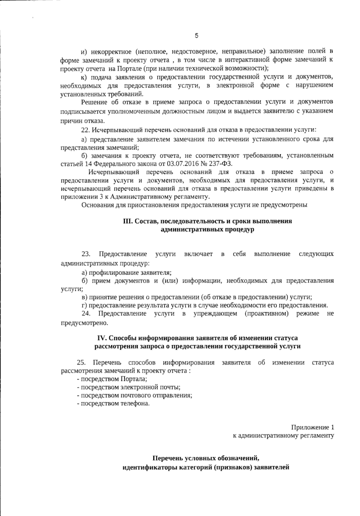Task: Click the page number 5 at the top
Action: pyautogui.click(x=196, y=36)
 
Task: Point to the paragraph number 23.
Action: pyautogui.click(x=86, y=254)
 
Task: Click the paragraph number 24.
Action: pyautogui.click(x=86, y=314)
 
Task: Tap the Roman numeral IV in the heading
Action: pyautogui.click(x=102, y=338)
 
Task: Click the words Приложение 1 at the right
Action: pyautogui.click(x=312, y=427)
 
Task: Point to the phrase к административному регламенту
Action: pyautogui.click(x=283, y=435)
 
